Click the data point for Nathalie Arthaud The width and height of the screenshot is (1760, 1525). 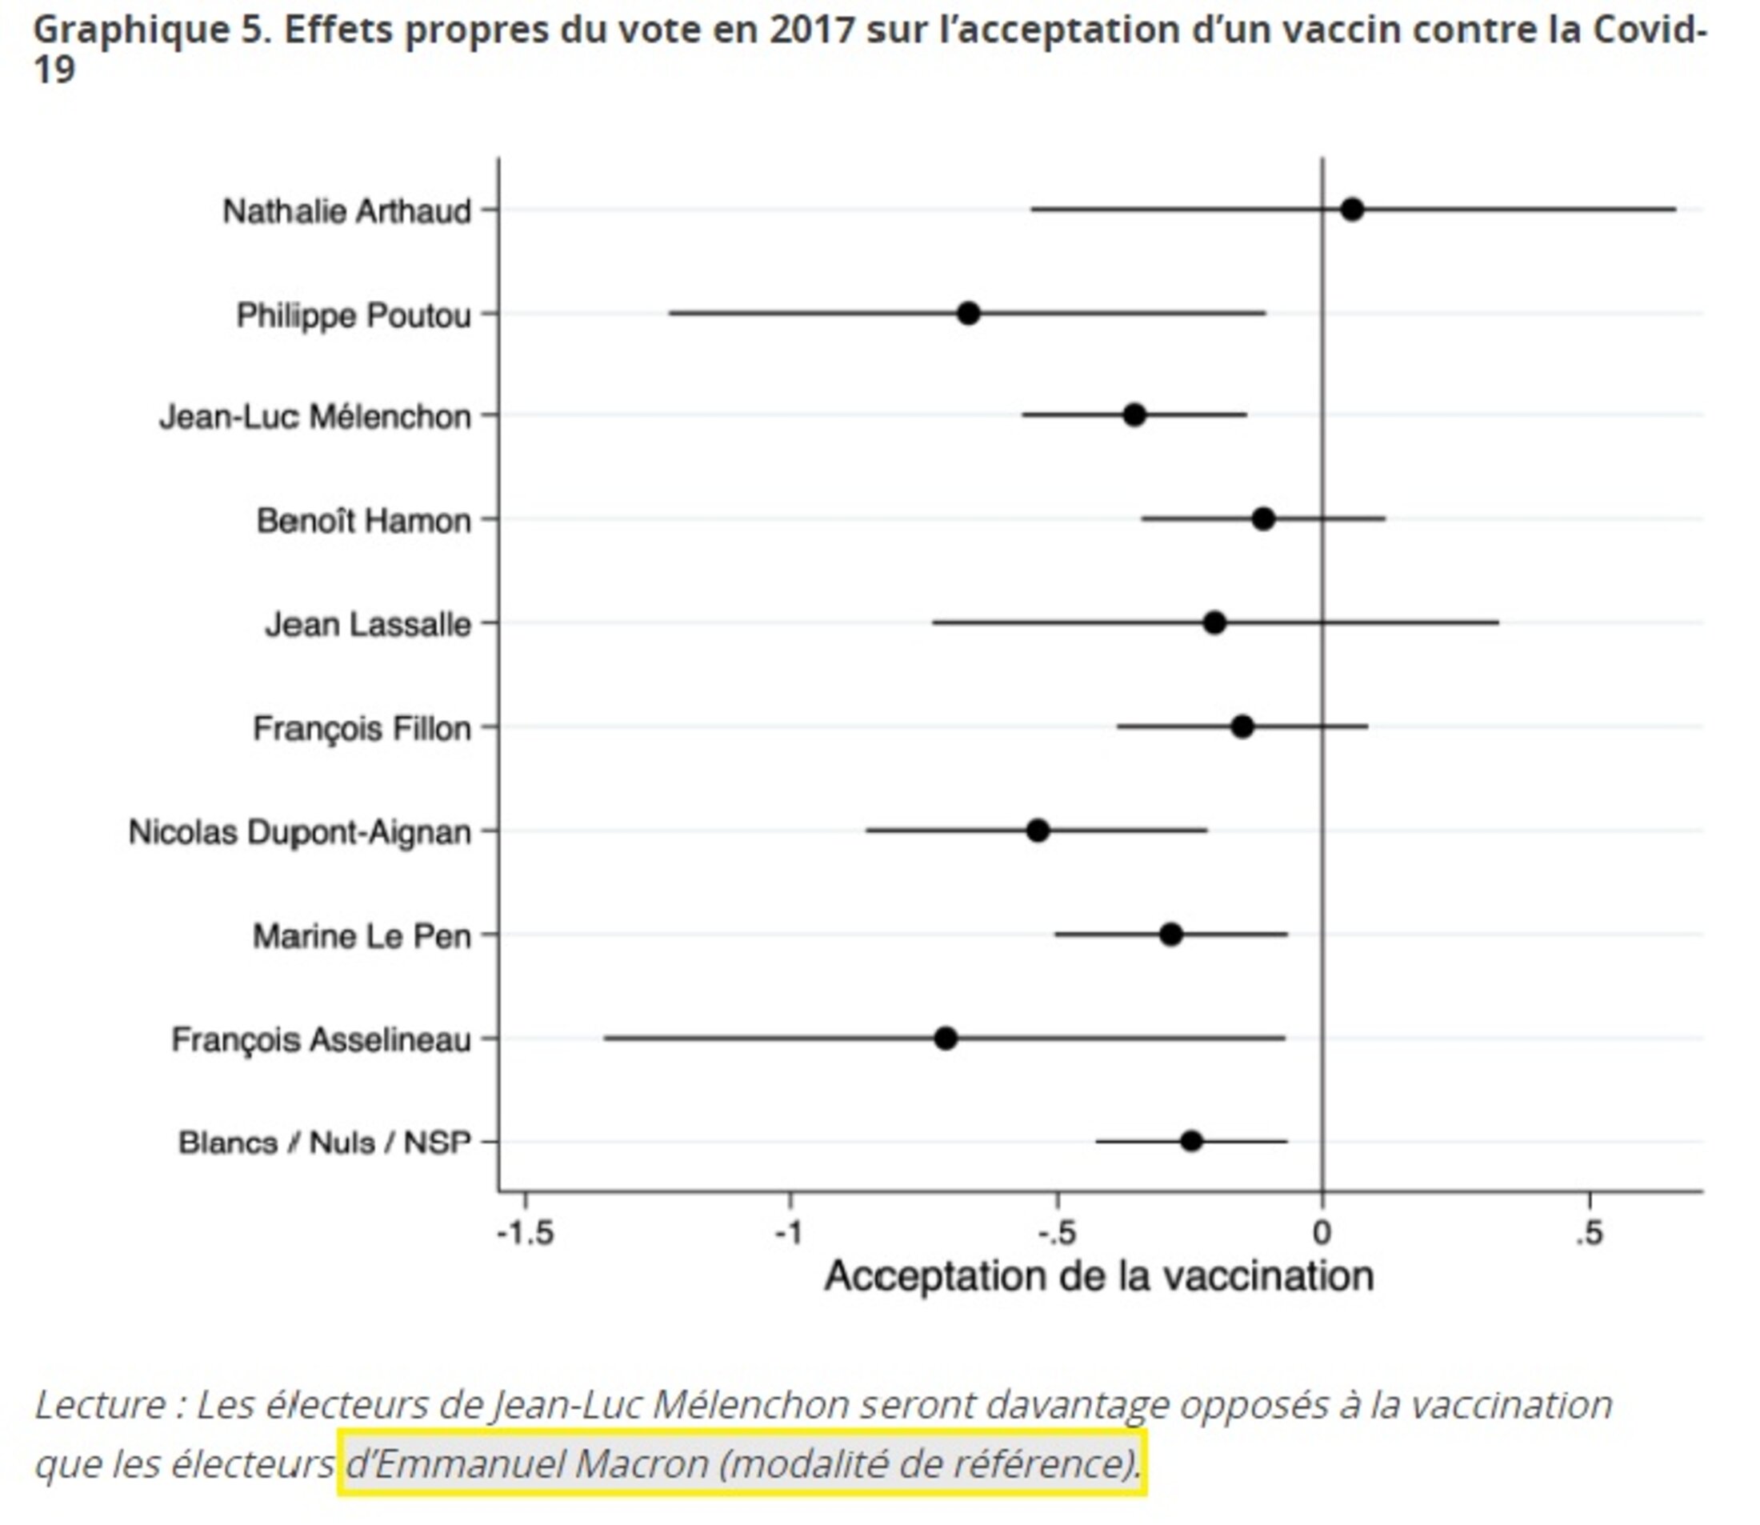coord(1351,210)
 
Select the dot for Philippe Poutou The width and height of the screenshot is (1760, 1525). coord(968,313)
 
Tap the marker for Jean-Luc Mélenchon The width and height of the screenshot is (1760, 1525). coord(1134,415)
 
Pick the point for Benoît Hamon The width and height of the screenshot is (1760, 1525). coord(1263,518)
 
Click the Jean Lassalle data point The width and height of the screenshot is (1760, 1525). coord(1214,623)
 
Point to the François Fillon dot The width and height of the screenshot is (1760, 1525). coord(1242,726)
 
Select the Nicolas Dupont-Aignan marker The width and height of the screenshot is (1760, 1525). coord(1038,831)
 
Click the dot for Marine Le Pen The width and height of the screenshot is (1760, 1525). coord(1171,935)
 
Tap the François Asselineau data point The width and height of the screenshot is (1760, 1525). coord(946,1039)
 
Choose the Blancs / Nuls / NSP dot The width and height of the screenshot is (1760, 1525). coord(1191,1141)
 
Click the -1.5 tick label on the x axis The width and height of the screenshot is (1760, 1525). coord(525,1233)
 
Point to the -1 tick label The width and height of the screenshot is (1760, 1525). coord(790,1233)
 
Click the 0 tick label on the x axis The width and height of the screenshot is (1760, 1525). coord(1322,1233)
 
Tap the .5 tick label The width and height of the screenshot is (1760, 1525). coord(1588,1233)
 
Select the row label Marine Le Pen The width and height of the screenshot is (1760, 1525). coord(362,936)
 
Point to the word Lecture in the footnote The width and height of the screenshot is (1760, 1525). coord(101,1405)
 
